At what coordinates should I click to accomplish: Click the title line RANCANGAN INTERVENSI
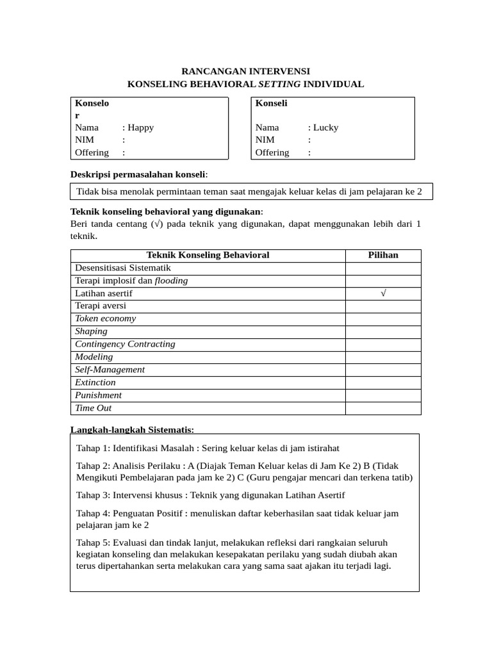(246, 71)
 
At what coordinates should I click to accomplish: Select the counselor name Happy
(141, 127)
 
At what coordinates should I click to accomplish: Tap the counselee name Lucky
(325, 127)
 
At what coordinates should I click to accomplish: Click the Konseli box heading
(272, 103)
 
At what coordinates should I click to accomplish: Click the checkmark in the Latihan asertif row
(383, 293)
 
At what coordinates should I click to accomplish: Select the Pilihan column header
(383, 255)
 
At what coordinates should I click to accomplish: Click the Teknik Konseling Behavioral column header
(208, 255)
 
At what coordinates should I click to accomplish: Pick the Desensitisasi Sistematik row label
(123, 268)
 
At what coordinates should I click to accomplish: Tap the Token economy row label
(105, 318)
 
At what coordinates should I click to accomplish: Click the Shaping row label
(91, 331)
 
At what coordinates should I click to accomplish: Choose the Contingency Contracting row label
(125, 344)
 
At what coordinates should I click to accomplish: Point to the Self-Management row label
(110, 370)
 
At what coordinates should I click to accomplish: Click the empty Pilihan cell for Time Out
(383, 408)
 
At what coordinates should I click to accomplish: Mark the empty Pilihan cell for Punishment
(383, 395)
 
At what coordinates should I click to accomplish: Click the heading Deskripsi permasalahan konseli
(138, 175)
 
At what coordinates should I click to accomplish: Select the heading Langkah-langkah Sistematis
(131, 429)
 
